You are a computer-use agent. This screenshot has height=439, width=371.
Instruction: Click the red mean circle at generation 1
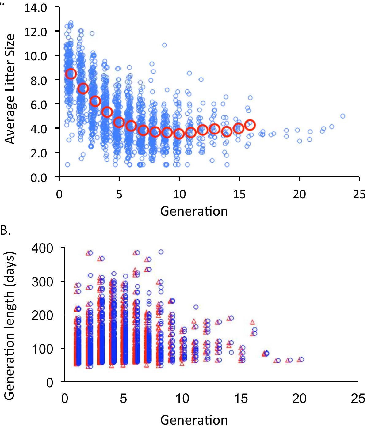pyautogui.click(x=71, y=74)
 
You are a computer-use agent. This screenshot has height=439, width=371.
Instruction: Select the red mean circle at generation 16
pyautogui.click(x=250, y=125)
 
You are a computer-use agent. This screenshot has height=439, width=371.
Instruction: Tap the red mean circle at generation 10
pyautogui.click(x=179, y=134)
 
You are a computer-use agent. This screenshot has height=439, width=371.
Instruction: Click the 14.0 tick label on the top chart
pyautogui.click(x=36, y=7)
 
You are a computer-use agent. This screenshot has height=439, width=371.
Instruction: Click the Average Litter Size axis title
pyautogui.click(x=10, y=89)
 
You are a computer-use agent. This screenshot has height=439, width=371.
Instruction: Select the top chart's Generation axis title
pyautogui.click(x=194, y=211)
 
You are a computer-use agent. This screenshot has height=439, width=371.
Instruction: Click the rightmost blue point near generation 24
pyautogui.click(x=342, y=116)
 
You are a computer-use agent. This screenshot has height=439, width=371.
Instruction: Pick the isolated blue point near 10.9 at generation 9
pyautogui.click(x=164, y=45)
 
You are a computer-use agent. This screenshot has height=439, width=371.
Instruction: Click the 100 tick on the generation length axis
pyautogui.click(x=43, y=349)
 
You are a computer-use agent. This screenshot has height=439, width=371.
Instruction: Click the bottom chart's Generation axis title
pyautogui.click(x=194, y=420)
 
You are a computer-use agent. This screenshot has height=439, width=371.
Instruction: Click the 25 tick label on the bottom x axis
pyautogui.click(x=358, y=399)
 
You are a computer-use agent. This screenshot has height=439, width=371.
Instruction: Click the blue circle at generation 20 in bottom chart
pyautogui.click(x=301, y=359)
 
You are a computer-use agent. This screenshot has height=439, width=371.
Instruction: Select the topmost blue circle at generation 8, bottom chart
pyautogui.click(x=161, y=252)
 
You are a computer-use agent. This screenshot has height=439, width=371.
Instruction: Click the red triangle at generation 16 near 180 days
pyautogui.click(x=252, y=322)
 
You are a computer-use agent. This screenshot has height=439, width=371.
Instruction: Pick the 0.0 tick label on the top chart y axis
pyautogui.click(x=39, y=178)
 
